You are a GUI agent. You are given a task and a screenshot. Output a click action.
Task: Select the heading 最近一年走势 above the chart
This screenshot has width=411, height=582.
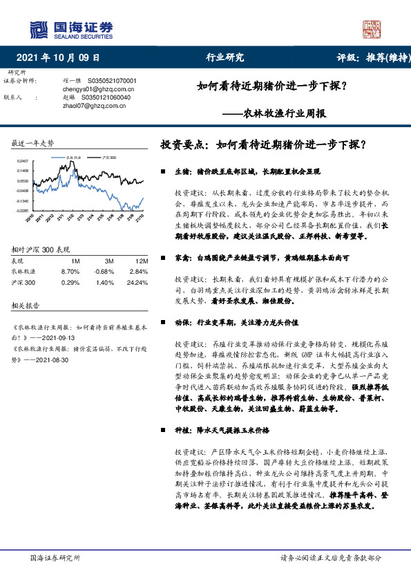[x=32, y=144]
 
